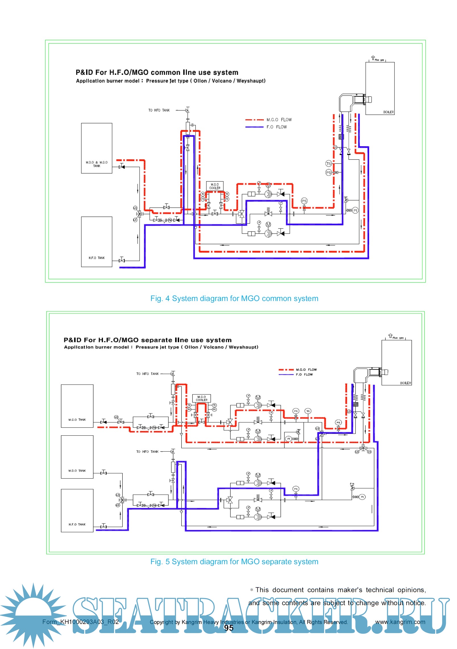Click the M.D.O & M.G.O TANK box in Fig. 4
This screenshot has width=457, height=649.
point(96,148)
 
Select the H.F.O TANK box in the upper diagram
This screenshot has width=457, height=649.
point(96,242)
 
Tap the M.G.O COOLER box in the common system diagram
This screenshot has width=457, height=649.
point(215,186)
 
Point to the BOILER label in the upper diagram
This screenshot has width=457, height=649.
point(388,112)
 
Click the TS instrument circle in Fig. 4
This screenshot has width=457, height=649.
point(328,164)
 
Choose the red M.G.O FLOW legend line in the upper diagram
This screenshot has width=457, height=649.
point(255,120)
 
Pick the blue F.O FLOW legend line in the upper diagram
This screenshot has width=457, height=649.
point(255,127)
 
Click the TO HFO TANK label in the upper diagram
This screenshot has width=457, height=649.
point(159,110)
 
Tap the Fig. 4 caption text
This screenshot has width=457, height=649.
point(234,298)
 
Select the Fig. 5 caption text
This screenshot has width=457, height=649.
point(234,562)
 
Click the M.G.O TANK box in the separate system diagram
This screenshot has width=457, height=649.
point(77,406)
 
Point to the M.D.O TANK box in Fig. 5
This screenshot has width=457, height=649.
point(77,457)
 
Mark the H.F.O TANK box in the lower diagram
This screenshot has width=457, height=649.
point(77,510)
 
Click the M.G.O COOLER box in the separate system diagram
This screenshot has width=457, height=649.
point(201,398)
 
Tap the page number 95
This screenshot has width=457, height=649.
point(229,628)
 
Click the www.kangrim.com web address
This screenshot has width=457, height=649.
point(400,622)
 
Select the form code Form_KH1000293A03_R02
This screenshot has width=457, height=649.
point(80,622)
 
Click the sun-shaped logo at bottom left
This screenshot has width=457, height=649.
point(33,615)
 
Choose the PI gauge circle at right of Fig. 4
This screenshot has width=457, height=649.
point(355,210)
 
